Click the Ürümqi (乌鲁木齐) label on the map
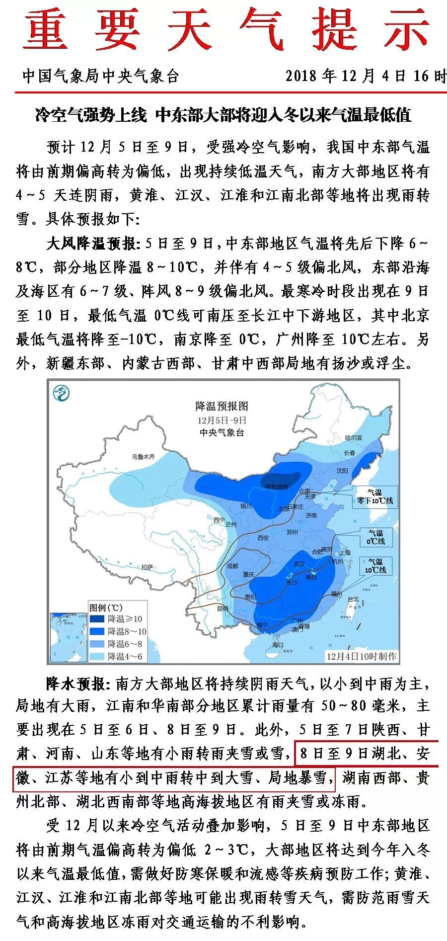click(143, 456)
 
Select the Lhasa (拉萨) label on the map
click(147, 567)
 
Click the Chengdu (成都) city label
click(232, 566)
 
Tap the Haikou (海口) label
click(277, 644)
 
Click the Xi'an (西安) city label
click(263, 538)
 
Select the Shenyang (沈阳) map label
click(342, 470)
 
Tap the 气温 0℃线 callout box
click(375, 537)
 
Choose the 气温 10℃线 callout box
click(375, 566)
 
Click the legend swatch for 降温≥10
click(97, 619)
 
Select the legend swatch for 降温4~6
click(97, 656)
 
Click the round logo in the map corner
click(62, 393)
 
